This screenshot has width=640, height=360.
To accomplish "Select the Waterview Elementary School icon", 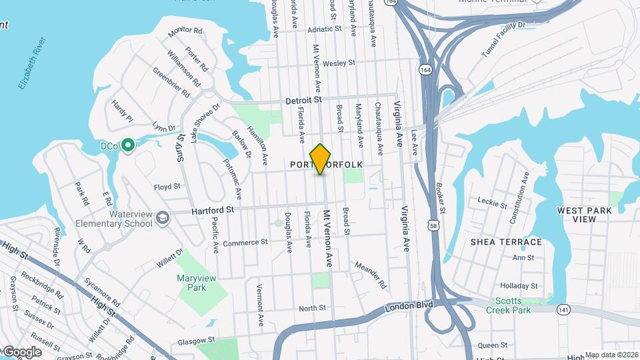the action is pos(162,218).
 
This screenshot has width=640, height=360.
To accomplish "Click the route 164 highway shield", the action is pos(425,69).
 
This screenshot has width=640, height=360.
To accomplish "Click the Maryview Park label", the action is pos(191,283).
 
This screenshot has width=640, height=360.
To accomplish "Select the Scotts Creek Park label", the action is pos(521,305).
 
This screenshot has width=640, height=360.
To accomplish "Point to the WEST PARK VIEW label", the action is pos(584,215).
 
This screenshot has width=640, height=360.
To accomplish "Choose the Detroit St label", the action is pos(303,100).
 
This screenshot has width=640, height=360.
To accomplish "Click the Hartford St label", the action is pos(213,209).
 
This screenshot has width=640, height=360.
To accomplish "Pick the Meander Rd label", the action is pos(371,274).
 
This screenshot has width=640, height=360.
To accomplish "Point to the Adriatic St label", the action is pos(324,29).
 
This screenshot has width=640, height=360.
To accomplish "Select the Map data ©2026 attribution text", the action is pos(612,355).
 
